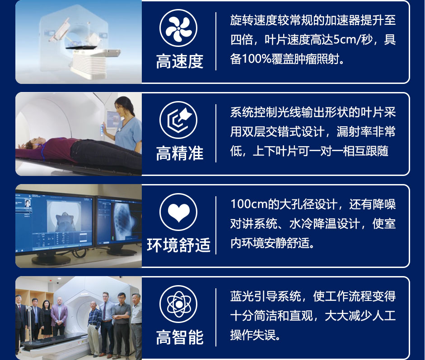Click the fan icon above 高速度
[178, 28]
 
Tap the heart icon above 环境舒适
[178, 212]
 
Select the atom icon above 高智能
[178, 304]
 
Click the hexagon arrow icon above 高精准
[178, 120]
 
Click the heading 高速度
[179, 61]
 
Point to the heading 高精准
[179, 153]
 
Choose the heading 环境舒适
[178, 245]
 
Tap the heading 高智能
[179, 337]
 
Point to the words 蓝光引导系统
[266, 296]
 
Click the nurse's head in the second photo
[123, 106]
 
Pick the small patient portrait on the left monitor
[28, 203]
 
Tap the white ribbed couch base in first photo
[90, 65]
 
